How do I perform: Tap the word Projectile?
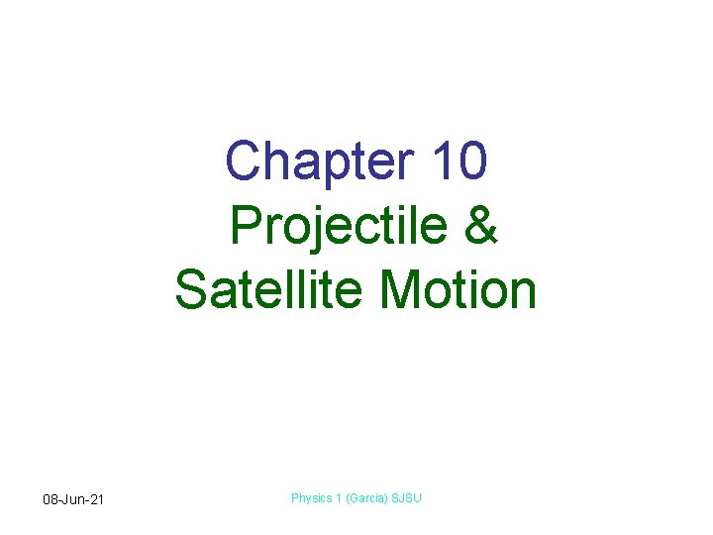[339, 227]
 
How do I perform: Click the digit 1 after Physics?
[338, 498]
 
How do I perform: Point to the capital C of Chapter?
[245, 160]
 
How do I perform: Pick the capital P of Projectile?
[246, 226]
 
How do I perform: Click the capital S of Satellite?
[191, 290]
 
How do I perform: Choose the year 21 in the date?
[97, 499]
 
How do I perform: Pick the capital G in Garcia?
[351, 498]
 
